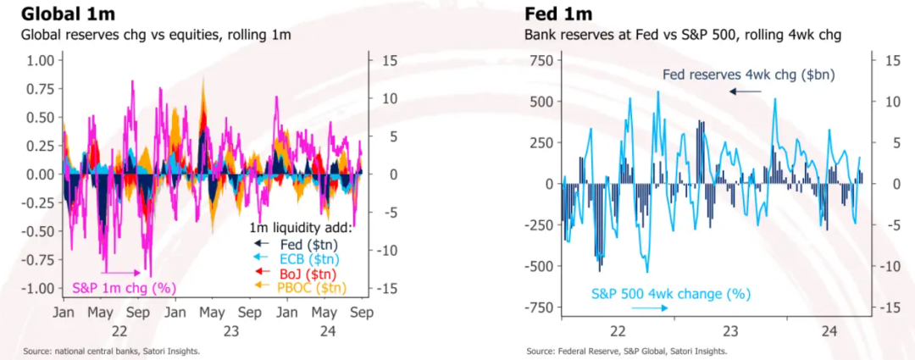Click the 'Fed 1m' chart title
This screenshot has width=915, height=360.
(558, 14)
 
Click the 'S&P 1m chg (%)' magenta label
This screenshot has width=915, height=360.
(124, 287)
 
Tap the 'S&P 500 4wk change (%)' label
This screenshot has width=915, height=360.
(670, 294)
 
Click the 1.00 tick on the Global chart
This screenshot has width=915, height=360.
(40, 60)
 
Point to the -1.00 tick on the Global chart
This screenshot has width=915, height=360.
(37, 288)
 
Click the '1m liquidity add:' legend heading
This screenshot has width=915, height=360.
(301, 228)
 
